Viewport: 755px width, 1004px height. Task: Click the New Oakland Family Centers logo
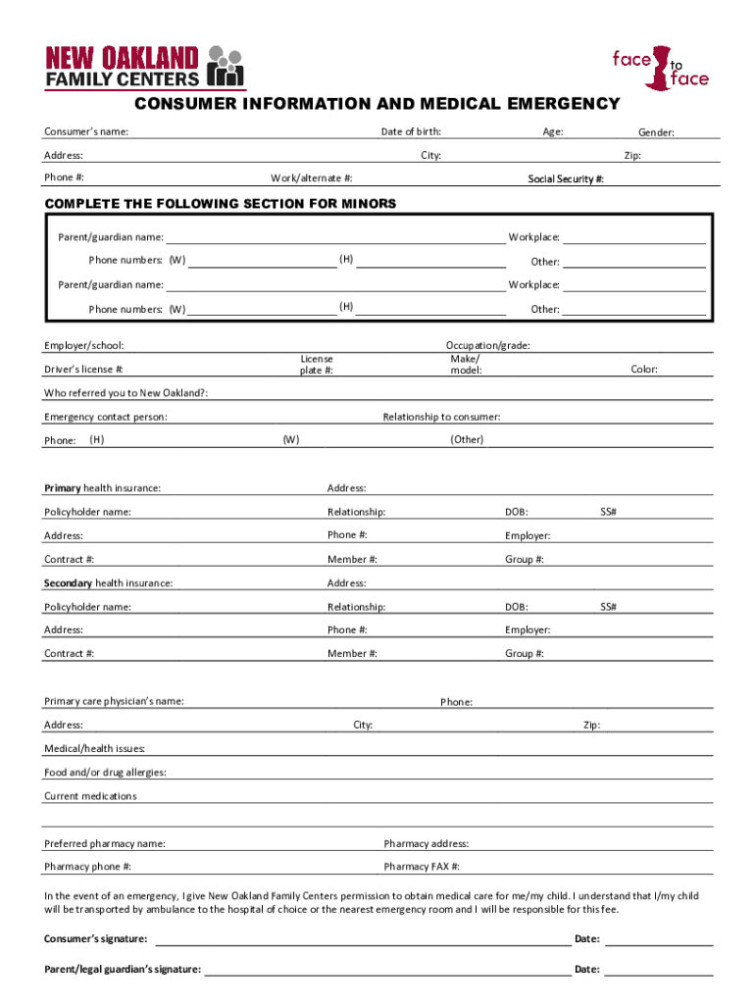[x=143, y=67]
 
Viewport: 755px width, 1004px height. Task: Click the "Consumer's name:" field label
[x=86, y=132]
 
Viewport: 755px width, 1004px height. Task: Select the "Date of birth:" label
[x=411, y=132]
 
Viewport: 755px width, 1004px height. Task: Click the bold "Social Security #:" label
[x=566, y=179]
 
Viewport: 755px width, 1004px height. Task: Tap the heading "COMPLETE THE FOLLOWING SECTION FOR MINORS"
[x=221, y=204]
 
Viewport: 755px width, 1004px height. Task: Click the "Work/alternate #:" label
[x=312, y=178]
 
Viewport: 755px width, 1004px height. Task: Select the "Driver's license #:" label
[x=84, y=370]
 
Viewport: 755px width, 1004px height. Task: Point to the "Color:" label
[x=644, y=370]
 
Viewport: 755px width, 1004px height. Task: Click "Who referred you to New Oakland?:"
[x=126, y=393]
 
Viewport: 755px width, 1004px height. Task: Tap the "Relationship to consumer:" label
[x=441, y=417]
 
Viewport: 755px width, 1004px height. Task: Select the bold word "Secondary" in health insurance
[x=68, y=583]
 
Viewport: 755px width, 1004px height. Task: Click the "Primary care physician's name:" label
[x=114, y=701]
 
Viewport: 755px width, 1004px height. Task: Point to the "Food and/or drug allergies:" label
[x=105, y=773]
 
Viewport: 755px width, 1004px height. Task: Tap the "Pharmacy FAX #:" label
[x=422, y=867]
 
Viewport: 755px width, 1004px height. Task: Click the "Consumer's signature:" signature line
[x=363, y=941]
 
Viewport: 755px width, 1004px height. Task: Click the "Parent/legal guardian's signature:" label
[x=123, y=970]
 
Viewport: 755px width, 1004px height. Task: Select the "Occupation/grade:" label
[x=488, y=345]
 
